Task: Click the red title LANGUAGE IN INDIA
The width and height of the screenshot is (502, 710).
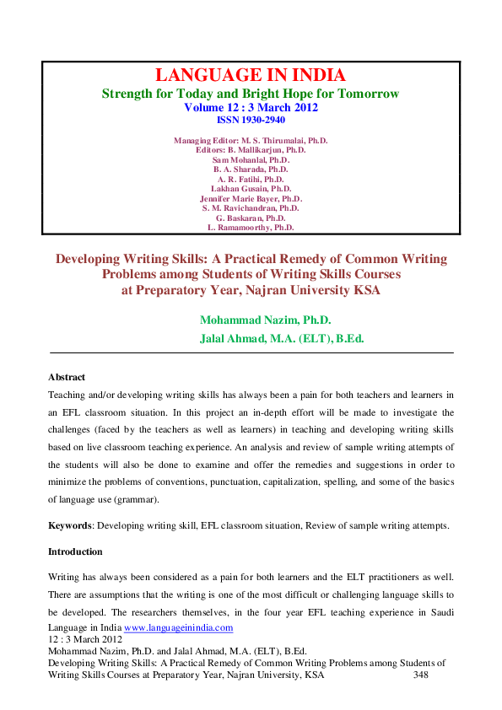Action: [251, 76]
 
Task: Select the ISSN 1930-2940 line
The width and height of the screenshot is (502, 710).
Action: [251, 120]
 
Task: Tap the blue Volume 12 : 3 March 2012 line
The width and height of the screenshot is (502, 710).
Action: [251, 107]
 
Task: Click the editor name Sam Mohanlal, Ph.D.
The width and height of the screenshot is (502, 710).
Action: [251, 159]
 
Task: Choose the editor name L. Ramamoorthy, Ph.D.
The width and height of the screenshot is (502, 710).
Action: [251, 228]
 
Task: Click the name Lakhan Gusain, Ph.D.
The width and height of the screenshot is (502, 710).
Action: [251, 189]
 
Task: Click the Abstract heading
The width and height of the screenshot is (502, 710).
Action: [67, 377]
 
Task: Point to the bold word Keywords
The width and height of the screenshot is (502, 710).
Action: [71, 525]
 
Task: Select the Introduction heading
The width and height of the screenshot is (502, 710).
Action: [75, 551]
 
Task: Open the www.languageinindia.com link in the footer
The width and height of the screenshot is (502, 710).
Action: [178, 628]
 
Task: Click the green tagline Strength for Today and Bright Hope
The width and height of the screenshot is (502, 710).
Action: [251, 94]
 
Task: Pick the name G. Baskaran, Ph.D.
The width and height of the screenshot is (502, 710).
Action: [251, 218]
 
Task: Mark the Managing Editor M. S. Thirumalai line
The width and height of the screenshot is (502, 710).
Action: [251, 140]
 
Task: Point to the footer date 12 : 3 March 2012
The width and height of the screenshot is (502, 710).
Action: [82, 639]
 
